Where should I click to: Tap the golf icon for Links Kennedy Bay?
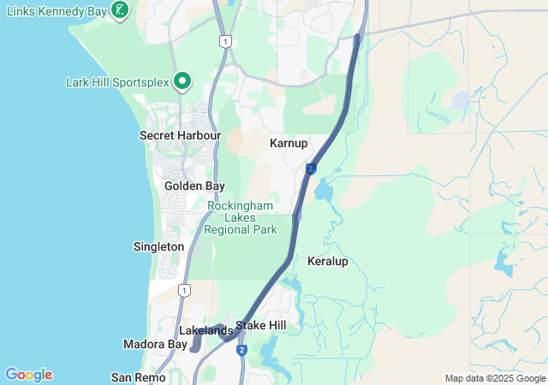tap(122, 10)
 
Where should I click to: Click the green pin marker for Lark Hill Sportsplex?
tap(182, 81)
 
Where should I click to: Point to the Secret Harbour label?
tap(180, 135)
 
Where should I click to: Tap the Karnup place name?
tap(288, 143)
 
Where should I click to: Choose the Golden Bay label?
tap(194, 186)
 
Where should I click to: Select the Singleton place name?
tap(158, 246)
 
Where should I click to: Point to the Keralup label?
tap(328, 261)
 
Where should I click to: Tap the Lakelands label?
tap(205, 330)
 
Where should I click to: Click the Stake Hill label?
tap(261, 325)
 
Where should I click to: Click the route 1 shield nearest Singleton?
tap(184, 291)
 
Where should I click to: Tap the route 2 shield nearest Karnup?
tap(310, 169)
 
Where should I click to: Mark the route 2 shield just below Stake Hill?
tap(241, 350)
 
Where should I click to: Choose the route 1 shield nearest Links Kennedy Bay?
tap(224, 41)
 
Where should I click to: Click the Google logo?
tap(28, 375)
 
